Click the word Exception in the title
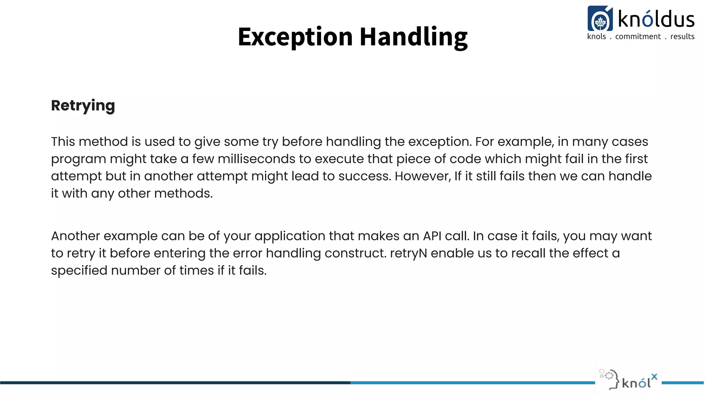pos(295,37)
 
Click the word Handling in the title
pos(413,37)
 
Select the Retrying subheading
pos(83,105)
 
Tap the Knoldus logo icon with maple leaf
pos(600,19)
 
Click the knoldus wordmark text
pos(656,19)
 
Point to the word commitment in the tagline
pos(638,37)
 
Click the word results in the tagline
pos(682,37)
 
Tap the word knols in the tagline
pos(596,37)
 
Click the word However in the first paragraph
pos(422,176)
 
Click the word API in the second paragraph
pos(432,236)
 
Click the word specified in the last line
pos(79,271)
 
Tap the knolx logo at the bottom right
pos(629,381)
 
